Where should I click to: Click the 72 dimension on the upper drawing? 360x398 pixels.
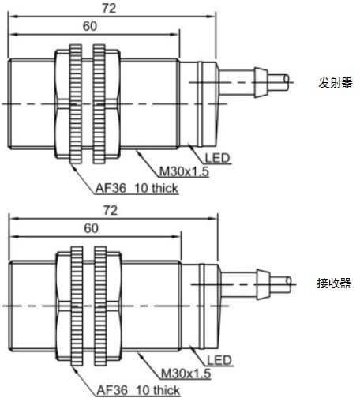point(109,8)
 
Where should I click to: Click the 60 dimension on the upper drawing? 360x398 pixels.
point(90,26)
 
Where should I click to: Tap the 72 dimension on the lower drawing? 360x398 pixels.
point(111,210)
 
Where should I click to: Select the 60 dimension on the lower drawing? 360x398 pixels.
point(91,228)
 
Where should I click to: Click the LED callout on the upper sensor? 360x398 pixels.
point(217,158)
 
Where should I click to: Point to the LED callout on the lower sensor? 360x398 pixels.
point(219,360)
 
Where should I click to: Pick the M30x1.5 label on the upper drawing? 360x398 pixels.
point(184,171)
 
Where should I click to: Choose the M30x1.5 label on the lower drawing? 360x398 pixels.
point(186,374)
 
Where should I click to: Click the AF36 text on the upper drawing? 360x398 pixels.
point(111,189)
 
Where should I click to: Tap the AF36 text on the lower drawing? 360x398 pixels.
point(112,390)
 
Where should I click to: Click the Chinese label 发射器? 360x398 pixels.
point(336,83)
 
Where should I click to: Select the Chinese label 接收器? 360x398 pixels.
point(334,283)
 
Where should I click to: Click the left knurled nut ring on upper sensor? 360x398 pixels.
point(76,103)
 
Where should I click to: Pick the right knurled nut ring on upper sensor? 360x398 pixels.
point(99,103)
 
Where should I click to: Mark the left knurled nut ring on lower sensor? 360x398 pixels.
point(77,306)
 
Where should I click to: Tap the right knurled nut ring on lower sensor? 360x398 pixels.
point(100,306)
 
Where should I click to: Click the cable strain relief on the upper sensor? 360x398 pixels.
point(261,83)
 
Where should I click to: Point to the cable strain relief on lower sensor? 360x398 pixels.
point(263,284)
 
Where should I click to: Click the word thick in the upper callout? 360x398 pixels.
point(165,189)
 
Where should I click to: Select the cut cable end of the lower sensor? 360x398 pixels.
point(288,284)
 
